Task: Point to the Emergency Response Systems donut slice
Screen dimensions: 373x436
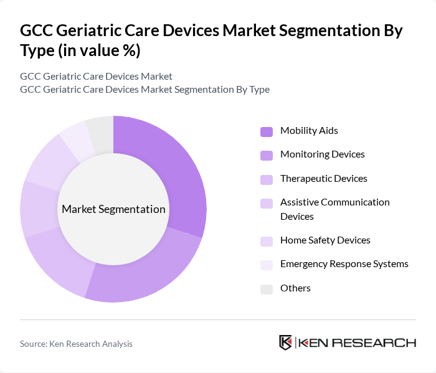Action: tap(76, 143)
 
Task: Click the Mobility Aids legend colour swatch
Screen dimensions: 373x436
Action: tap(267, 131)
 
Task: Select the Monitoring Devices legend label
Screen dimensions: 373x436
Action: tap(322, 154)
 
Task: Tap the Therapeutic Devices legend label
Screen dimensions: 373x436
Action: tap(323, 179)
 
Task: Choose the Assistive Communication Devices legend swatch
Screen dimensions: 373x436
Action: tap(267, 204)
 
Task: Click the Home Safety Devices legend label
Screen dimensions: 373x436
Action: tap(325, 240)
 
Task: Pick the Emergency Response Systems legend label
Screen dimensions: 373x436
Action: tap(344, 264)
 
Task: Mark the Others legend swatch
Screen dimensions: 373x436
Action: tap(267, 288)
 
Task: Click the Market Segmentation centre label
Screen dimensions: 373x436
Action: tap(113, 209)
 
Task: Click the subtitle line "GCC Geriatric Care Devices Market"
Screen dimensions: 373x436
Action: tap(96, 77)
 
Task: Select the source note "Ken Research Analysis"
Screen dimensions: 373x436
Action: tap(90, 344)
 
